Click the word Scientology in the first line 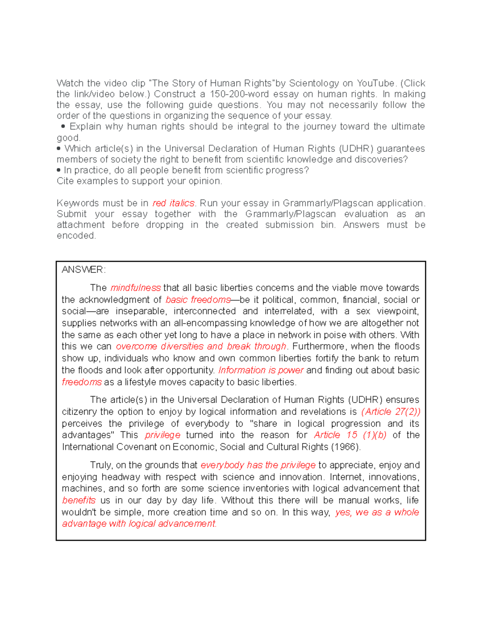click(314, 83)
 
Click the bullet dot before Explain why click(63, 126)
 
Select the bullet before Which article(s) click(59, 149)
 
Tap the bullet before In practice click(59, 170)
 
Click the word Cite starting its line click(65, 181)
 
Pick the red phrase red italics click(173, 203)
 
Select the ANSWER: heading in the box click(83, 270)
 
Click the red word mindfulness click(135, 288)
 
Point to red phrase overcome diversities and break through click(201, 347)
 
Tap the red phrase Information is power click(260, 370)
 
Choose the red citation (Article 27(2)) click(390, 412)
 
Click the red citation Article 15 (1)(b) click(350, 435)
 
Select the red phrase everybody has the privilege click(258, 465)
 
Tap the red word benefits click(78, 501)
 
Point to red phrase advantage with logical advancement click(139, 524)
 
